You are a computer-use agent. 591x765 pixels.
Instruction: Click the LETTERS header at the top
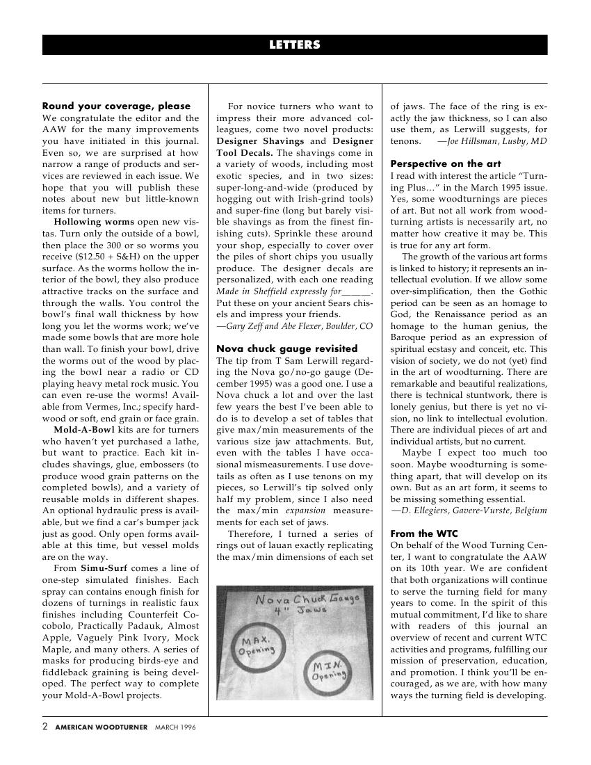[x=295, y=45]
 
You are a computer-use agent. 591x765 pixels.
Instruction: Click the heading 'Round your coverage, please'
[x=116, y=106]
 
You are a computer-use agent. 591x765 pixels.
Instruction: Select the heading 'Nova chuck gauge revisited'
[x=286, y=348]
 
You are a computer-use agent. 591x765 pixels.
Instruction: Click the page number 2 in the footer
[x=45, y=727]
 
